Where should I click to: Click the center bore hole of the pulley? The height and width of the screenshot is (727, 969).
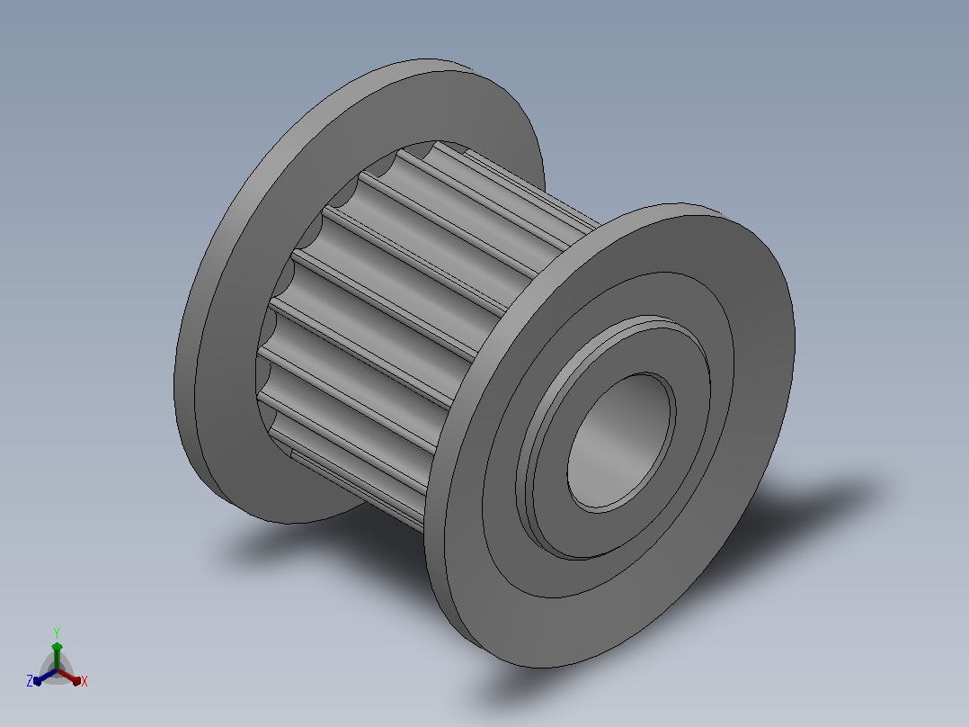(x=621, y=443)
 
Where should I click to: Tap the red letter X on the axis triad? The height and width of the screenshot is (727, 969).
(x=84, y=681)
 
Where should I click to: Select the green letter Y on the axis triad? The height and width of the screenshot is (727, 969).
(x=57, y=633)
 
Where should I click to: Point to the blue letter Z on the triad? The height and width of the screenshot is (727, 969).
(x=30, y=681)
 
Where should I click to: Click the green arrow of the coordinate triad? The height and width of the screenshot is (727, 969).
(x=57, y=655)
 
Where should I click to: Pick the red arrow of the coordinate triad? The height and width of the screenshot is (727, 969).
(x=69, y=677)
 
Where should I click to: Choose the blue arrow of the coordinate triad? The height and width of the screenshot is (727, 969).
(x=45, y=677)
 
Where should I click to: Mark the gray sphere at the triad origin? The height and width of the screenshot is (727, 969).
(x=57, y=670)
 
